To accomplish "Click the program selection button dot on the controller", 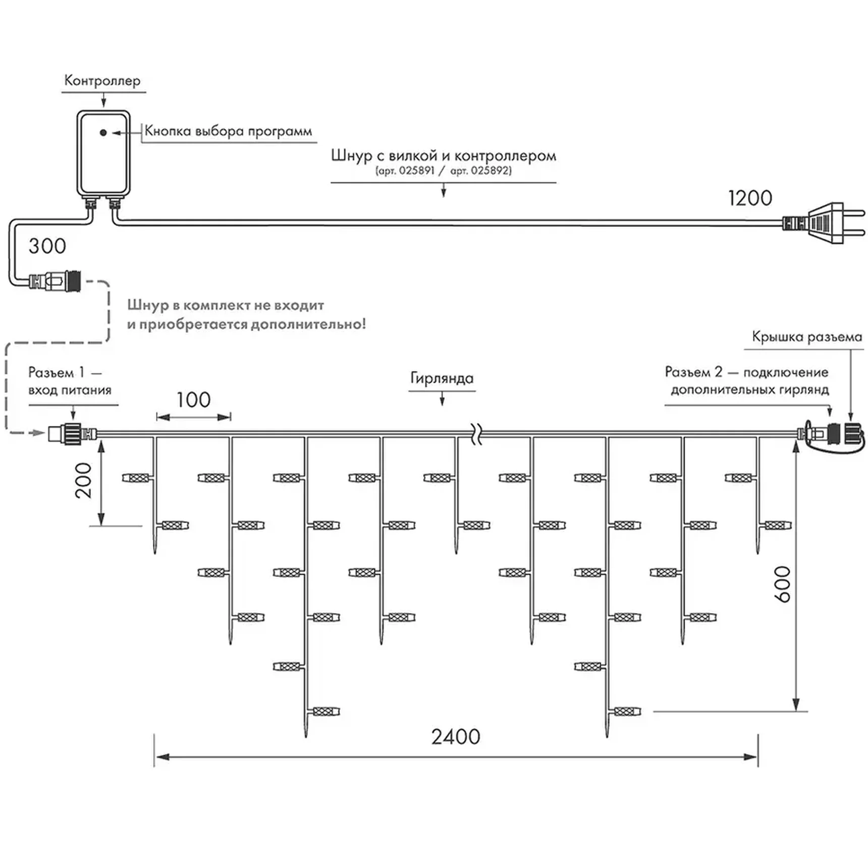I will coord(103,133).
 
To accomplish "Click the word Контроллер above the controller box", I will coord(102,81).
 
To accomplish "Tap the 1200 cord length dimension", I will coord(750,198).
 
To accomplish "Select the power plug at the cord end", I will coord(828,223).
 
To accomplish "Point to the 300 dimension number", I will coord(47,246).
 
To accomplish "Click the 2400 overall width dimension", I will coord(455,737).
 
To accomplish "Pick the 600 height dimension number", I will coord(782,584).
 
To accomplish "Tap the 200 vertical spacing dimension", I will coord(84,480).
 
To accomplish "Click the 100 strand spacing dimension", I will coord(193,400).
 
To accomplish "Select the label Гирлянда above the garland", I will coord(442,378).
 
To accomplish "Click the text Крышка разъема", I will coord(806,337).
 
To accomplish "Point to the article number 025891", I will coord(416,171).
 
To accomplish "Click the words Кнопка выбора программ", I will coord(228,131).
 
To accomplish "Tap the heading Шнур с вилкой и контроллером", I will coord(443,155).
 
